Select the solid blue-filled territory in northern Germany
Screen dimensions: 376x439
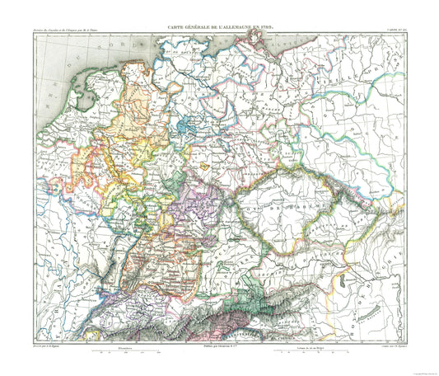pyautogui.click(x=186, y=129)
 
